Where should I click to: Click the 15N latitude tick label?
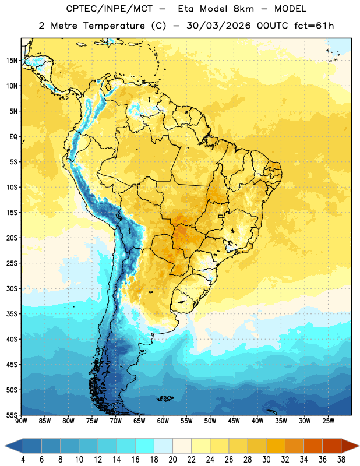click(12, 61)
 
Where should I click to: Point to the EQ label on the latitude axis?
click(13, 137)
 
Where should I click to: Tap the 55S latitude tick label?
click(12, 415)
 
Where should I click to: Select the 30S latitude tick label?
click(12, 288)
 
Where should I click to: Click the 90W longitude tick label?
click(21, 421)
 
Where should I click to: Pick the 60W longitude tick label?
click(163, 421)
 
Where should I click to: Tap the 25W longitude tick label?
click(328, 421)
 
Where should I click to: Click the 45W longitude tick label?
click(234, 421)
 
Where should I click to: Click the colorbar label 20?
click(172, 460)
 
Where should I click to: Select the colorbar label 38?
click(341, 460)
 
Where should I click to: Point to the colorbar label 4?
click(23, 460)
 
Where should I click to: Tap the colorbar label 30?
click(266, 460)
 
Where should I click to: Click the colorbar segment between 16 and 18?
click(144, 446)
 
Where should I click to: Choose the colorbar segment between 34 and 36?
click(313, 446)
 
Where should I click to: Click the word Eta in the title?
click(185, 9)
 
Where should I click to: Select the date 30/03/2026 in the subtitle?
click(218, 26)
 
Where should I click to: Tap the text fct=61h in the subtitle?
click(314, 26)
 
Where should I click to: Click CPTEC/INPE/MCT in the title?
click(109, 9)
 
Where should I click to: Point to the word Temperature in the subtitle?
click(114, 26)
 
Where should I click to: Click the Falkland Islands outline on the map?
click(165, 398)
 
